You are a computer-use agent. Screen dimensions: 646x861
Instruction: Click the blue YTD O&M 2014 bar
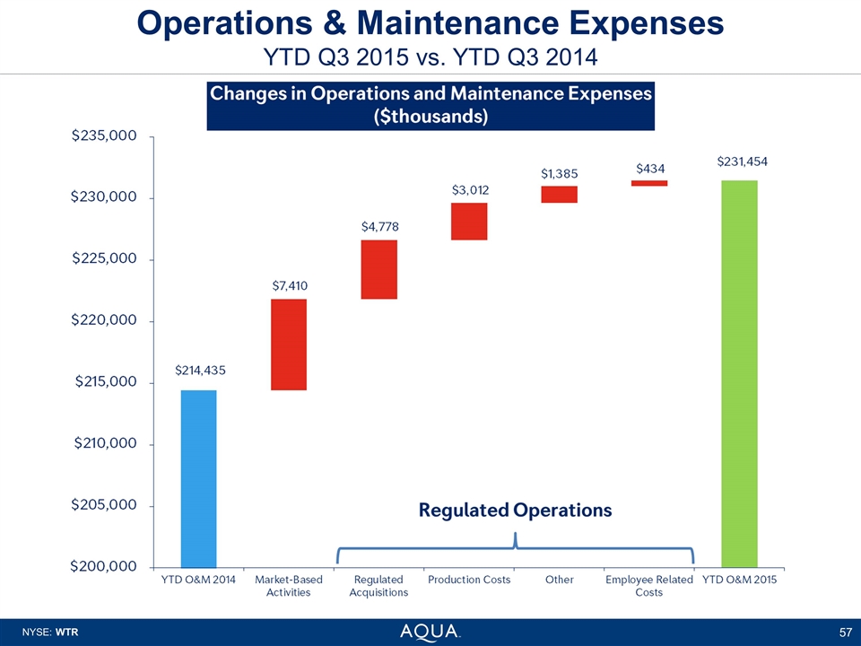click(198, 477)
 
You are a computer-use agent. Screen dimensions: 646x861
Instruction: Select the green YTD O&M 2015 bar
click(739, 373)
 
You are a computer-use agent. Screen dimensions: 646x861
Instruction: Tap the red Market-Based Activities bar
click(289, 345)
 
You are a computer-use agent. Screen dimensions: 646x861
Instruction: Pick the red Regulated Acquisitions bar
click(378, 269)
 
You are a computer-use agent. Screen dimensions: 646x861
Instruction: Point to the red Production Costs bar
click(469, 222)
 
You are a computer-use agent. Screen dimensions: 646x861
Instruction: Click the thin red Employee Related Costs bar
click(649, 183)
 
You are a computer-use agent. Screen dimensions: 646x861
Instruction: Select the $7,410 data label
click(290, 285)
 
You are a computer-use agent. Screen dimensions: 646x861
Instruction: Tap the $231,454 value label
click(742, 161)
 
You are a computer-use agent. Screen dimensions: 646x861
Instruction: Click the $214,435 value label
click(199, 370)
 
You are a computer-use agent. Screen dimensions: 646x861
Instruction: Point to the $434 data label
click(650, 168)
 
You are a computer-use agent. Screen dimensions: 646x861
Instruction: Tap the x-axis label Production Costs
click(469, 580)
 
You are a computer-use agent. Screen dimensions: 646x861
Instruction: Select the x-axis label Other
click(560, 580)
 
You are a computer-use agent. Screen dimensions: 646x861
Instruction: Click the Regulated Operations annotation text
click(516, 510)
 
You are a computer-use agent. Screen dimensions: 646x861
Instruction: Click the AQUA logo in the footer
click(430, 632)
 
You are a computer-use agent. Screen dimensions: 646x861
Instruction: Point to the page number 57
click(844, 633)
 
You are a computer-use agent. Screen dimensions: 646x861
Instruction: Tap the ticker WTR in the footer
click(67, 633)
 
